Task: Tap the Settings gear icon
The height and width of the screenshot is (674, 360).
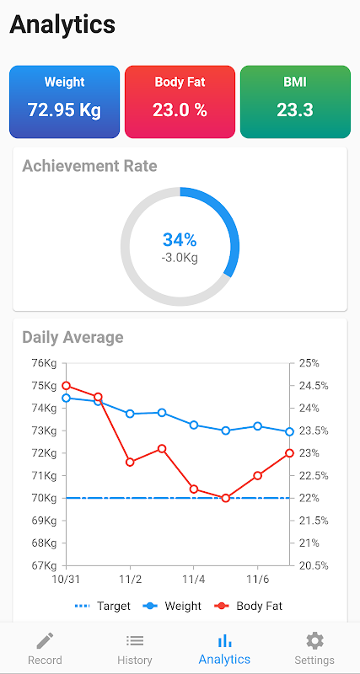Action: [x=314, y=641]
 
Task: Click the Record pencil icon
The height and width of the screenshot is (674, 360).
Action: [x=45, y=641]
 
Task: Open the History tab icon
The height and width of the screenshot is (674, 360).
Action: [x=135, y=641]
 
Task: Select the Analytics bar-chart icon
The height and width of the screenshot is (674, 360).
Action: [x=224, y=641]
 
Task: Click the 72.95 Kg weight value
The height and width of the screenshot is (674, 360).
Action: [x=65, y=110]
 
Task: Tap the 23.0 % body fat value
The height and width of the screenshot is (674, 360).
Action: [x=180, y=110]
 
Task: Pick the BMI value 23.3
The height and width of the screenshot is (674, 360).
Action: [x=295, y=110]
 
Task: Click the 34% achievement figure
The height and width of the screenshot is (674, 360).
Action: [x=180, y=240]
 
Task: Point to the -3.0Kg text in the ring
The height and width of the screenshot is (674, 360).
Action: [x=180, y=258]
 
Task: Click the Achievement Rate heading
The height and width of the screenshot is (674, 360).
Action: [x=89, y=166]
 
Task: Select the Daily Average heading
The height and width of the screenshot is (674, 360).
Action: [x=73, y=337]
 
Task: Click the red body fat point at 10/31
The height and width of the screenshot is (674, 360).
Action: [x=66, y=386]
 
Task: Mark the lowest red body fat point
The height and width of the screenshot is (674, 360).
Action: [x=225, y=498]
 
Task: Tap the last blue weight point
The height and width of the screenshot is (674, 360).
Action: [x=289, y=431]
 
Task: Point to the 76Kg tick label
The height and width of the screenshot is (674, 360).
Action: [x=45, y=363]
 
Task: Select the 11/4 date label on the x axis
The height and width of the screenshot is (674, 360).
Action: [x=193, y=580]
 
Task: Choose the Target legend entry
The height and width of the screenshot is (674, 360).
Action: [x=102, y=606]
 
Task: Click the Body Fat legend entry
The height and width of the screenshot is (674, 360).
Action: [x=248, y=606]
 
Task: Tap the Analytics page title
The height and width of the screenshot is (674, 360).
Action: [x=62, y=24]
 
